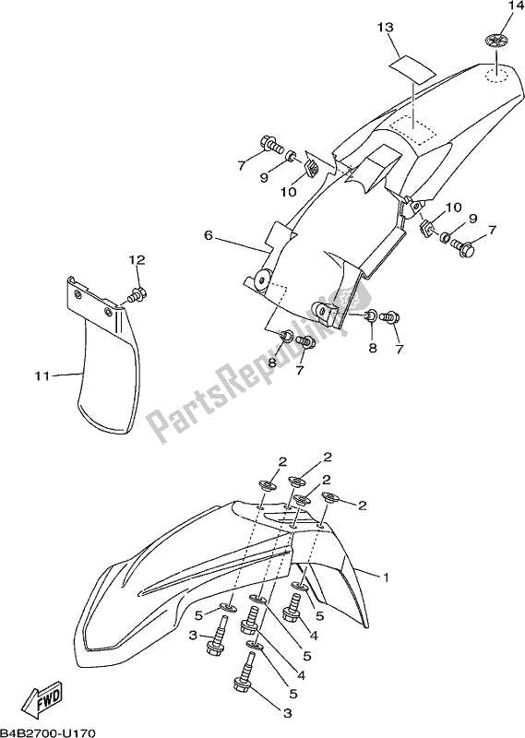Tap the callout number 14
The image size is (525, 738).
pyautogui.click(x=507, y=8)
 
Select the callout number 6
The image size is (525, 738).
pyautogui.click(x=209, y=236)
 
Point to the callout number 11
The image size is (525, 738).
pyautogui.click(x=41, y=375)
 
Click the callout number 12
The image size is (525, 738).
pyautogui.click(x=137, y=261)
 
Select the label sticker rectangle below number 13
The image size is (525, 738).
pyautogui.click(x=409, y=66)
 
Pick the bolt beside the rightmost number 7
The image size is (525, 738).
pyautogui.click(x=467, y=247)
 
